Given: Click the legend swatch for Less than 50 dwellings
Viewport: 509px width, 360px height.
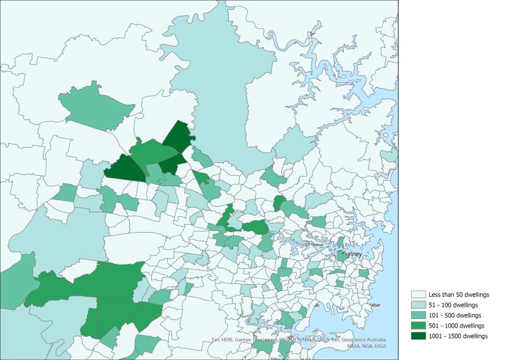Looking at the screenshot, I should click(418, 294).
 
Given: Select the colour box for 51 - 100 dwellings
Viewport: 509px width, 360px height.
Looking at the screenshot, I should click(418, 305).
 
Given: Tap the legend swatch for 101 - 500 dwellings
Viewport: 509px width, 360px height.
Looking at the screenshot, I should click(418, 315).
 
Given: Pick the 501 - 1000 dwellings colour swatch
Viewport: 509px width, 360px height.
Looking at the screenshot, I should click(418, 326).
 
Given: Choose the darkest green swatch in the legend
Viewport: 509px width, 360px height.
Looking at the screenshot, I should click(418, 336).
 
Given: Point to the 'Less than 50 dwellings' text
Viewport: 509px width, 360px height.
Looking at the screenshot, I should click(459, 294).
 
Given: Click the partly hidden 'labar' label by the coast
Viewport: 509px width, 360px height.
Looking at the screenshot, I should click(375, 304).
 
